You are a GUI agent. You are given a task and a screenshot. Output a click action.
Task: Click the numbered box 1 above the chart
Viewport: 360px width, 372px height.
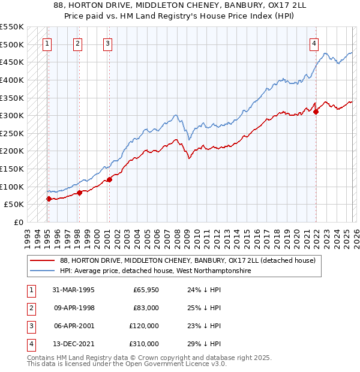click(47, 43)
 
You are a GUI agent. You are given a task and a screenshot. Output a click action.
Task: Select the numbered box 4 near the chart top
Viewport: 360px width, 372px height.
click(314, 43)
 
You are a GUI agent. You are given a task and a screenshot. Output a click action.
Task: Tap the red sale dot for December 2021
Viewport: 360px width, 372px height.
click(316, 112)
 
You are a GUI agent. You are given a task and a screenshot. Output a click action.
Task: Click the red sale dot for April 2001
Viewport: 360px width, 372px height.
click(109, 179)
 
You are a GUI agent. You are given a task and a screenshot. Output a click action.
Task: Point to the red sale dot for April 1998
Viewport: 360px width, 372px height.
click(79, 193)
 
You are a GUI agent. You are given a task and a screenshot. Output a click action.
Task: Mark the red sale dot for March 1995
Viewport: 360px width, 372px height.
click(49, 199)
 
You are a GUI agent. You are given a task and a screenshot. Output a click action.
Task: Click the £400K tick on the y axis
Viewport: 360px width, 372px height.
click(12, 80)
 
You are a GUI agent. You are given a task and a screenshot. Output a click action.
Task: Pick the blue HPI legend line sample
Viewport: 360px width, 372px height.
click(43, 271)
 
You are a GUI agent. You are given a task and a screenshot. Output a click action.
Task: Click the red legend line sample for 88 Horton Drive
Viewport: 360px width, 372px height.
click(43, 260)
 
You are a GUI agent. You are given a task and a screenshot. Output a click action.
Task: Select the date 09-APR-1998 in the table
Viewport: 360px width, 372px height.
click(74, 308)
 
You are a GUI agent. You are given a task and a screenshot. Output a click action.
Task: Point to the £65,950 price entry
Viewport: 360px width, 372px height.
click(146, 290)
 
